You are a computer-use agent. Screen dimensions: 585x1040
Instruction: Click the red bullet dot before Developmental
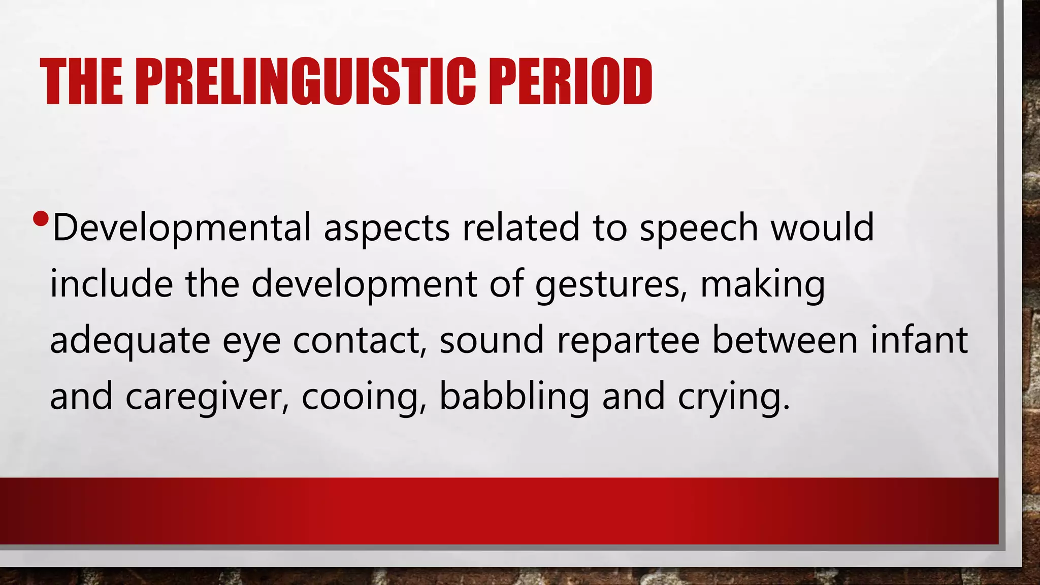point(40,219)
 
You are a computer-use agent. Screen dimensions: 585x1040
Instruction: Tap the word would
point(823,227)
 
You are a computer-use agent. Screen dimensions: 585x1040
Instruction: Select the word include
point(111,284)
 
